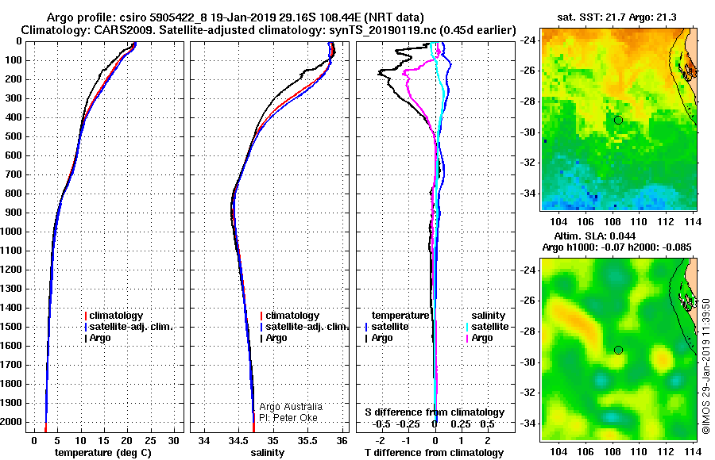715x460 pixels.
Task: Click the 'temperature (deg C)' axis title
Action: click(103, 453)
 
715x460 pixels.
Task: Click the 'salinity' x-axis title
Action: click(267, 453)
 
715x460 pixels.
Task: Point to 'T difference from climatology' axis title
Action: click(434, 453)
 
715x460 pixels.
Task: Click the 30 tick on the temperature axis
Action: click(173, 440)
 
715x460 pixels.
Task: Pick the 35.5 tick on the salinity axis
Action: click(307, 440)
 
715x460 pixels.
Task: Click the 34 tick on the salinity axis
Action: click(204, 440)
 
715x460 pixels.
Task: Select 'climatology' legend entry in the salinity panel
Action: click(290, 316)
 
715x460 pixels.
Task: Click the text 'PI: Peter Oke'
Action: click(288, 418)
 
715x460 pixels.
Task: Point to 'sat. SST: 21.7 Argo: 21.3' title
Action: click(616, 17)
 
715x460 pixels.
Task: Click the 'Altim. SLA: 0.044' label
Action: click(594, 236)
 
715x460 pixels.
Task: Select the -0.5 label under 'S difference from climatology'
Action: click(381, 424)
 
